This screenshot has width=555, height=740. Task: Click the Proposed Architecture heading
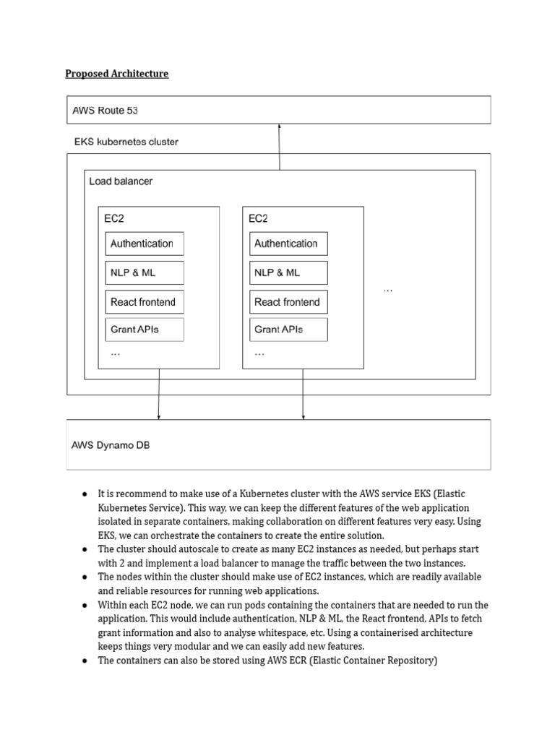[116, 74]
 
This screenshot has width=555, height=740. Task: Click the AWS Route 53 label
[106, 111]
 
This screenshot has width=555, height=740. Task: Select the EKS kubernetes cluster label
[126, 142]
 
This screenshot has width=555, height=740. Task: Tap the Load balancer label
[121, 181]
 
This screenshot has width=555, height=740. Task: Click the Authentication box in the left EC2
[145, 244]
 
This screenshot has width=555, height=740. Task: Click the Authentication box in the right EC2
[288, 244]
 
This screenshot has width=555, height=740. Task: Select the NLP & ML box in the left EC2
[145, 272]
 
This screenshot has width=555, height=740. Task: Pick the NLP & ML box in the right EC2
[288, 272]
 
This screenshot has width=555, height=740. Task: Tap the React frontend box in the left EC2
[145, 302]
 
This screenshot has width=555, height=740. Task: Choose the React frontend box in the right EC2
[288, 302]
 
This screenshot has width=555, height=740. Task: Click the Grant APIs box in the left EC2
[145, 330]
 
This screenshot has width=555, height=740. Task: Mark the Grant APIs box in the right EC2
[288, 330]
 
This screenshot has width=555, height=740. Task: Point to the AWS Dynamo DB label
[111, 445]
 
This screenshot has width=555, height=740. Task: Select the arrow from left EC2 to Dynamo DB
[159, 394]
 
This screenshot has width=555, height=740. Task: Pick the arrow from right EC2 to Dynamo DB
[303, 394]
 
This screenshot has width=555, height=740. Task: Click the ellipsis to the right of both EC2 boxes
[388, 289]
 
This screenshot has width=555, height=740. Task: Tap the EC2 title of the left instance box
[114, 218]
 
